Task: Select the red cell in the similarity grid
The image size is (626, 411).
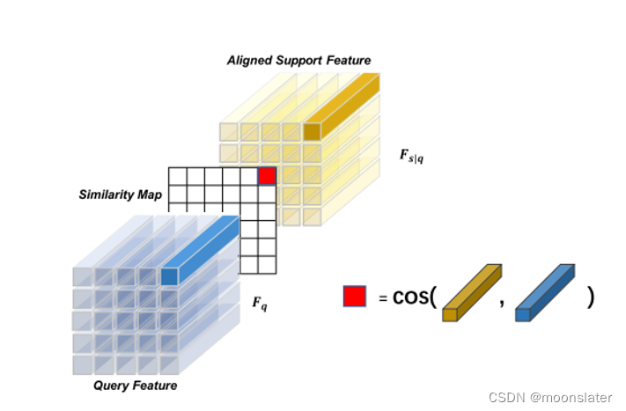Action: click(267, 176)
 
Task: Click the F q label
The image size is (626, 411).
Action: click(260, 304)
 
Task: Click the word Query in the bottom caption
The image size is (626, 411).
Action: click(113, 385)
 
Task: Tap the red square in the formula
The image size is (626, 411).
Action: click(355, 297)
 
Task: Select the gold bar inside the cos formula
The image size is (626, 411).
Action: click(471, 292)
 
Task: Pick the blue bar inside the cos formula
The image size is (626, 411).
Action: click(544, 292)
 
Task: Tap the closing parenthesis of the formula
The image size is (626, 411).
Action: click(591, 297)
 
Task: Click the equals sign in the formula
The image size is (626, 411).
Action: click(382, 298)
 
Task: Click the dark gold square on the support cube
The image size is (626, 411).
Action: click(312, 132)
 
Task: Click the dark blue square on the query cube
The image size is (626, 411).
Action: click(169, 276)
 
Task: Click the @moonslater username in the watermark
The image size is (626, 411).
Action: click(572, 398)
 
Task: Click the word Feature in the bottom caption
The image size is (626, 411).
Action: click(157, 385)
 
